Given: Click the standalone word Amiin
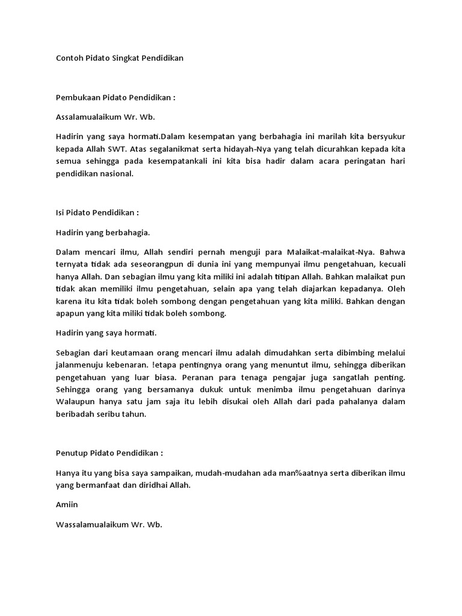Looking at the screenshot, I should coord(67,505).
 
